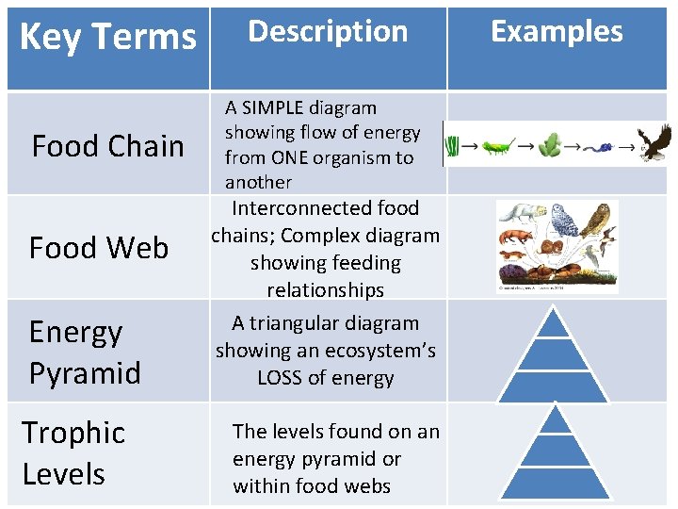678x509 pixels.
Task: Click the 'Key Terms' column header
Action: (x=107, y=38)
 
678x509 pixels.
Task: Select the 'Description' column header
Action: (x=327, y=31)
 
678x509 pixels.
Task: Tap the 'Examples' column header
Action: (x=557, y=31)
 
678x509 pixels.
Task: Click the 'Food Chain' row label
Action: (x=107, y=146)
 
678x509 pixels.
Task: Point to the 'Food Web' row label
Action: (x=99, y=248)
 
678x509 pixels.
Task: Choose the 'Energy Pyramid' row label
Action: (x=85, y=352)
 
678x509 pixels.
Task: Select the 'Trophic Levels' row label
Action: (x=73, y=452)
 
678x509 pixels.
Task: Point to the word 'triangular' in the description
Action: (x=299, y=323)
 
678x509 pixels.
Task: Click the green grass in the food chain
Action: (x=453, y=146)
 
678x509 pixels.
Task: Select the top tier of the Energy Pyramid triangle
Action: (x=556, y=323)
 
